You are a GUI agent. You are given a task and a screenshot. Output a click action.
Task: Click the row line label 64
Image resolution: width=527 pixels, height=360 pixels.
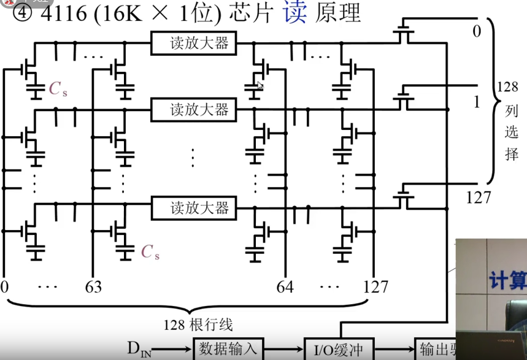[285, 286]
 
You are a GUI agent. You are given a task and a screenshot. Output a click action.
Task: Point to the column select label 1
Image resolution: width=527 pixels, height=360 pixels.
[477, 102]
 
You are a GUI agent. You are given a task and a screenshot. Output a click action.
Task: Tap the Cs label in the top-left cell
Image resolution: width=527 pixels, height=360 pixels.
[58, 90]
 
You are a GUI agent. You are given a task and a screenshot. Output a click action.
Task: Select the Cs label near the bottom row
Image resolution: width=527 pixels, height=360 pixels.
[150, 251]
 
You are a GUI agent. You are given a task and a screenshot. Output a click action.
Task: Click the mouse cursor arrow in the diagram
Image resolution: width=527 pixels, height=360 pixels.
[260, 86]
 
